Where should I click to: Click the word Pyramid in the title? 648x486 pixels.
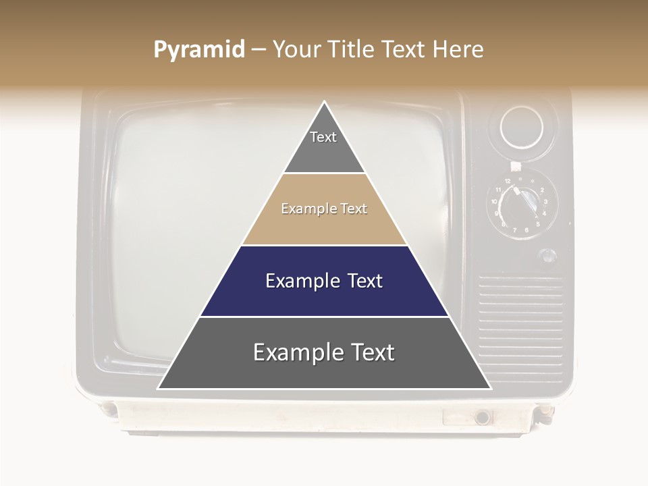click(x=198, y=50)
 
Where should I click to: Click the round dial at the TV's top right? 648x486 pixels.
click(x=521, y=127)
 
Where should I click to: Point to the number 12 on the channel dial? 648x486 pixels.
click(x=507, y=182)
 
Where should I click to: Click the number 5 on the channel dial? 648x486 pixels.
click(x=538, y=223)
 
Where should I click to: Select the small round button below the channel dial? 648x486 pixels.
click(x=548, y=256)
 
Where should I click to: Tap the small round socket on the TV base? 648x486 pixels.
click(x=482, y=417)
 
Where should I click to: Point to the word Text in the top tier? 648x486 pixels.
click(x=323, y=137)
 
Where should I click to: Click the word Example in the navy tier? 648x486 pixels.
click(x=295, y=281)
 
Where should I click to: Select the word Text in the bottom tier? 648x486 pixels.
click(x=367, y=352)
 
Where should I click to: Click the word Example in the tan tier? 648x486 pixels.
click(x=302, y=209)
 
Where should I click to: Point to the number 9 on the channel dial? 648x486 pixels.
click(x=496, y=213)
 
